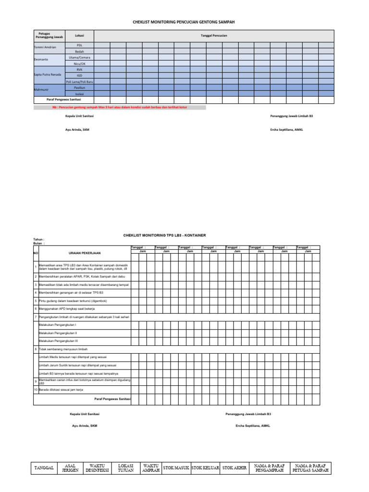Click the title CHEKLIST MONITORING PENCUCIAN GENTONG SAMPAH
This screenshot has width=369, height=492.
tap(184, 22)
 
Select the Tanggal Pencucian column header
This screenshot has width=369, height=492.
tap(214, 36)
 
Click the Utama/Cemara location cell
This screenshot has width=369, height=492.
tap(79, 57)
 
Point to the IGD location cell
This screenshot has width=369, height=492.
tap(79, 75)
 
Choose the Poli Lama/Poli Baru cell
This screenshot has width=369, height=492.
tap(79, 82)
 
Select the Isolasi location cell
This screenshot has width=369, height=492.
tap(79, 94)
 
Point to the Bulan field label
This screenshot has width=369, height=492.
tap(39, 244)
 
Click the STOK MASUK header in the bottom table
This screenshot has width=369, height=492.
tap(176, 467)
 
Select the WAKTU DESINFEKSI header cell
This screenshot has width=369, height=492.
tap(98, 468)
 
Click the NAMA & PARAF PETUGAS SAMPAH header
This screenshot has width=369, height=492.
tap(311, 468)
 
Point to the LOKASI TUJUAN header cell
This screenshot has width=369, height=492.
tap(125, 468)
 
